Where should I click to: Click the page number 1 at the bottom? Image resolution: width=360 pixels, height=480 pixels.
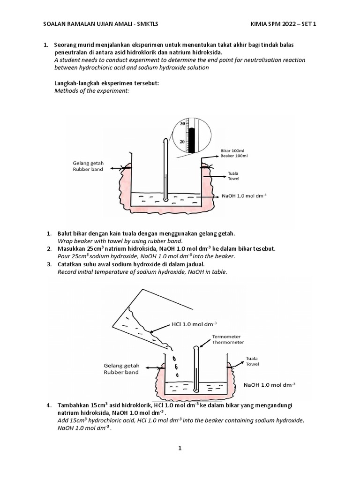(x=180, y=449)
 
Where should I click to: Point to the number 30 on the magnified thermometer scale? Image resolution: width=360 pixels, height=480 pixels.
(x=183, y=124)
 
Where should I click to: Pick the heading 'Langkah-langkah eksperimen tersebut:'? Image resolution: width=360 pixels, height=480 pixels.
(x=107, y=83)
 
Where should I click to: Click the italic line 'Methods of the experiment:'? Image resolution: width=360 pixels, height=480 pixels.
(x=91, y=90)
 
